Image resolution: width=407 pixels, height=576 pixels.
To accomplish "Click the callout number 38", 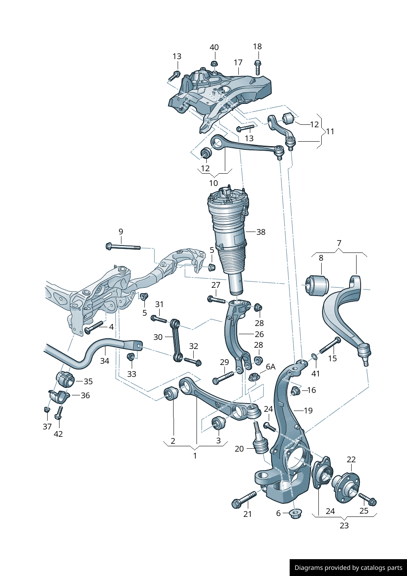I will (261, 232).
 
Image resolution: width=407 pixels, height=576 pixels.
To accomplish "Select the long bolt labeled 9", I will (123, 247).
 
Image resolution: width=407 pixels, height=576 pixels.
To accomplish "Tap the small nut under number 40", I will (214, 64).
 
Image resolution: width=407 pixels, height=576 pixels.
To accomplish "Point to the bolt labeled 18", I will (257, 67).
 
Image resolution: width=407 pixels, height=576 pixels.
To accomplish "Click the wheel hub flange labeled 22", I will (346, 487).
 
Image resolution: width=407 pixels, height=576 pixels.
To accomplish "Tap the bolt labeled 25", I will (368, 499).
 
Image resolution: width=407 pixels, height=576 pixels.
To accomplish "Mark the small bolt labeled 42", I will (59, 413).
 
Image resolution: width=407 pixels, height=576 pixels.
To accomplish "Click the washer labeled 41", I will (314, 356).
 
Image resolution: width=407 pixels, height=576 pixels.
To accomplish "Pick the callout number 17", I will (238, 62).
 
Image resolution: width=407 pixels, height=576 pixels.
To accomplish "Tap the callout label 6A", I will (271, 367).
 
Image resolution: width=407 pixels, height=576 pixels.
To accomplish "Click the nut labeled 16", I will (295, 390).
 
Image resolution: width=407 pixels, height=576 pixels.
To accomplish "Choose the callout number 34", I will (105, 361).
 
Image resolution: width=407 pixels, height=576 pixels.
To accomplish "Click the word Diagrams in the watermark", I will (309, 568).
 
